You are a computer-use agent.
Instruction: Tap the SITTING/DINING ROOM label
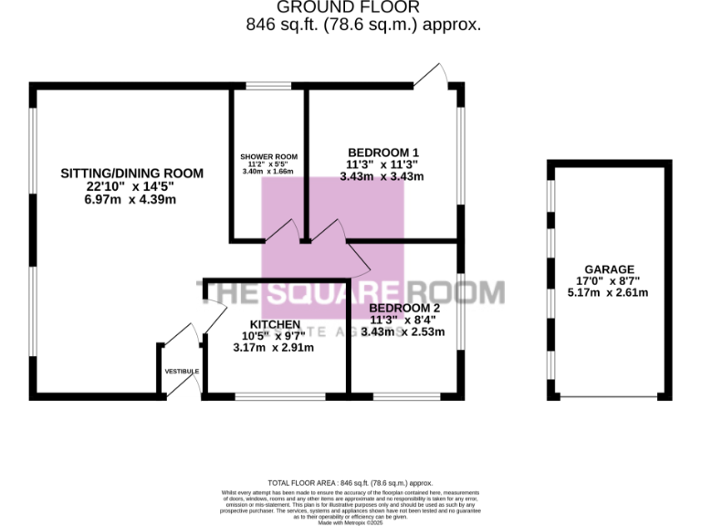tap(131, 173)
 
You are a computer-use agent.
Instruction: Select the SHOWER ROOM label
tap(268, 156)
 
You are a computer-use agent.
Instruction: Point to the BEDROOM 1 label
tap(382, 153)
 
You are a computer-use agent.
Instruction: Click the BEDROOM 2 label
tap(404, 309)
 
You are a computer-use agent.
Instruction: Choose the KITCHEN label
tap(275, 325)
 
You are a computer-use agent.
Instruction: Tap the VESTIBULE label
tap(182, 371)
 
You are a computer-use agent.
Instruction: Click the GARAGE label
tap(609, 269)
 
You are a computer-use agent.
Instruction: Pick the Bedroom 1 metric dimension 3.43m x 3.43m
tap(382, 176)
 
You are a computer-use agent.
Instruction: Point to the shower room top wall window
tap(268, 87)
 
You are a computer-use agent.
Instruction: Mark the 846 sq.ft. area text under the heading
tap(363, 26)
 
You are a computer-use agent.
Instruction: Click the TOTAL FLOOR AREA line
tap(350, 482)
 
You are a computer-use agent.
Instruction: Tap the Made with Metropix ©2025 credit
tap(350, 521)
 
